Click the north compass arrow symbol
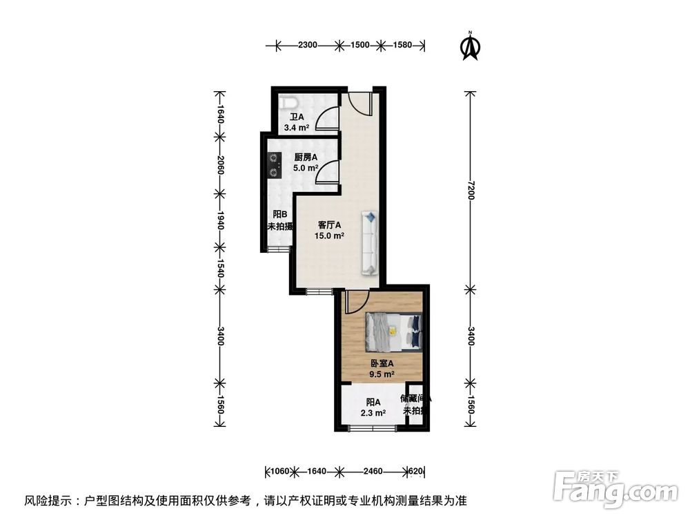click(470, 46)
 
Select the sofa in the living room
click(371, 244)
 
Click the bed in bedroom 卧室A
click(393, 330)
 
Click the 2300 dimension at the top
click(307, 46)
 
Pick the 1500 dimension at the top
click(359, 46)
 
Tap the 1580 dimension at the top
click(402, 46)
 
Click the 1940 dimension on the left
click(219, 222)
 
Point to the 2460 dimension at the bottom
click(372, 472)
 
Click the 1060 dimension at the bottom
click(279, 472)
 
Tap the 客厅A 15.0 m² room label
click(331, 230)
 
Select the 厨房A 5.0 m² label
click(306, 162)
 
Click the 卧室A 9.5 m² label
click(382, 369)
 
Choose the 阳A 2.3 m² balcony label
click(373, 407)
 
